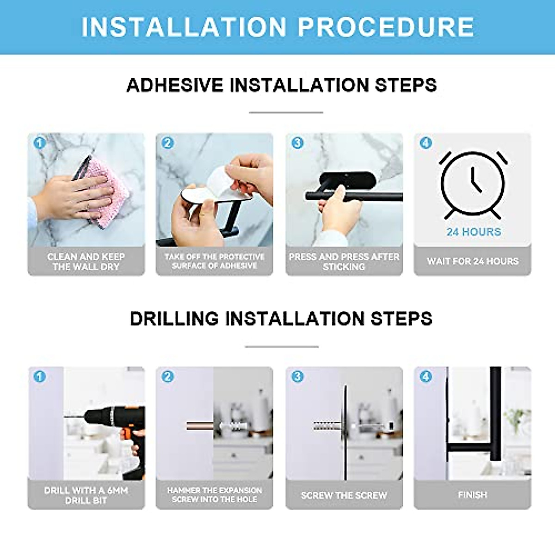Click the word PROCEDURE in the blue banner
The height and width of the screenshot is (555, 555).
(386, 27)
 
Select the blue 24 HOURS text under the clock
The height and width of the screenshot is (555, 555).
(474, 232)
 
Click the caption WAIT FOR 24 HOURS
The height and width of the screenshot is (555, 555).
(473, 261)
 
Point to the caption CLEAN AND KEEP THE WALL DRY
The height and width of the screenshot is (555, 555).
(86, 261)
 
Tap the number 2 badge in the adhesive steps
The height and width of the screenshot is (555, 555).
(167, 143)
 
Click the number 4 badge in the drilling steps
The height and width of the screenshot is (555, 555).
(425, 376)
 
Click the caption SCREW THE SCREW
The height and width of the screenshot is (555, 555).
(344, 495)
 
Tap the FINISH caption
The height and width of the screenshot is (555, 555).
(472, 495)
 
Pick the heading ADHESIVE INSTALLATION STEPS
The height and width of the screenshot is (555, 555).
(281, 86)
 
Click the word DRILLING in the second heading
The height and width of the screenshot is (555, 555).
(174, 319)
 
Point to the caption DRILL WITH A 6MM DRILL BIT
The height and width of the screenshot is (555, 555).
(86, 495)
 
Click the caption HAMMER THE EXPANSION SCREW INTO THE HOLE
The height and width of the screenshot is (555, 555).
(215, 494)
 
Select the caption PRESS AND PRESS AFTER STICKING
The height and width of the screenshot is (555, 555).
(344, 261)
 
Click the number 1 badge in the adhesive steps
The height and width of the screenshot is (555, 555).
(39, 143)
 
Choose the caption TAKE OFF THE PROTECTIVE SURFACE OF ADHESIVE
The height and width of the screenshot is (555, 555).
(215, 261)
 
